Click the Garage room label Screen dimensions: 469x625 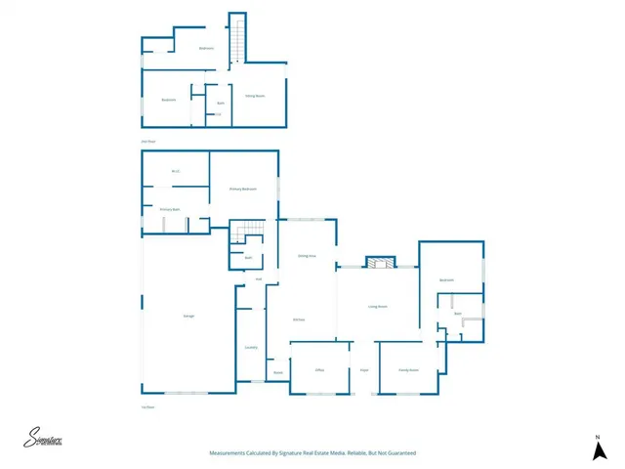[x=187, y=316]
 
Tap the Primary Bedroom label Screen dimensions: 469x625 [x=243, y=189]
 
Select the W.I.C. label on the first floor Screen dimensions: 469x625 [x=176, y=172]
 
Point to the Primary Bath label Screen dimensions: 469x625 [x=170, y=209]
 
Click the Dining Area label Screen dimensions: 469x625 [x=306, y=256]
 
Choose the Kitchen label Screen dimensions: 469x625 [x=300, y=320]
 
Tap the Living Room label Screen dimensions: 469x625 [x=378, y=307]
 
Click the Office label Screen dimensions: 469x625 [x=319, y=370]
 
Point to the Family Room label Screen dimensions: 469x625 [x=408, y=370]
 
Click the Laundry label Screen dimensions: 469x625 [x=251, y=347]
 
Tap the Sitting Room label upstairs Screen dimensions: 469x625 [x=255, y=95]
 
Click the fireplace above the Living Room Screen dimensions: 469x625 [x=378, y=262]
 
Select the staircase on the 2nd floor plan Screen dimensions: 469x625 [x=235, y=39]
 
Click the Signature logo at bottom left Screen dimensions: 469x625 [x=44, y=439]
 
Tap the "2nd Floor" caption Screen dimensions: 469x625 [x=148, y=142]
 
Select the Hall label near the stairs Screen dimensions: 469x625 [x=259, y=279]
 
